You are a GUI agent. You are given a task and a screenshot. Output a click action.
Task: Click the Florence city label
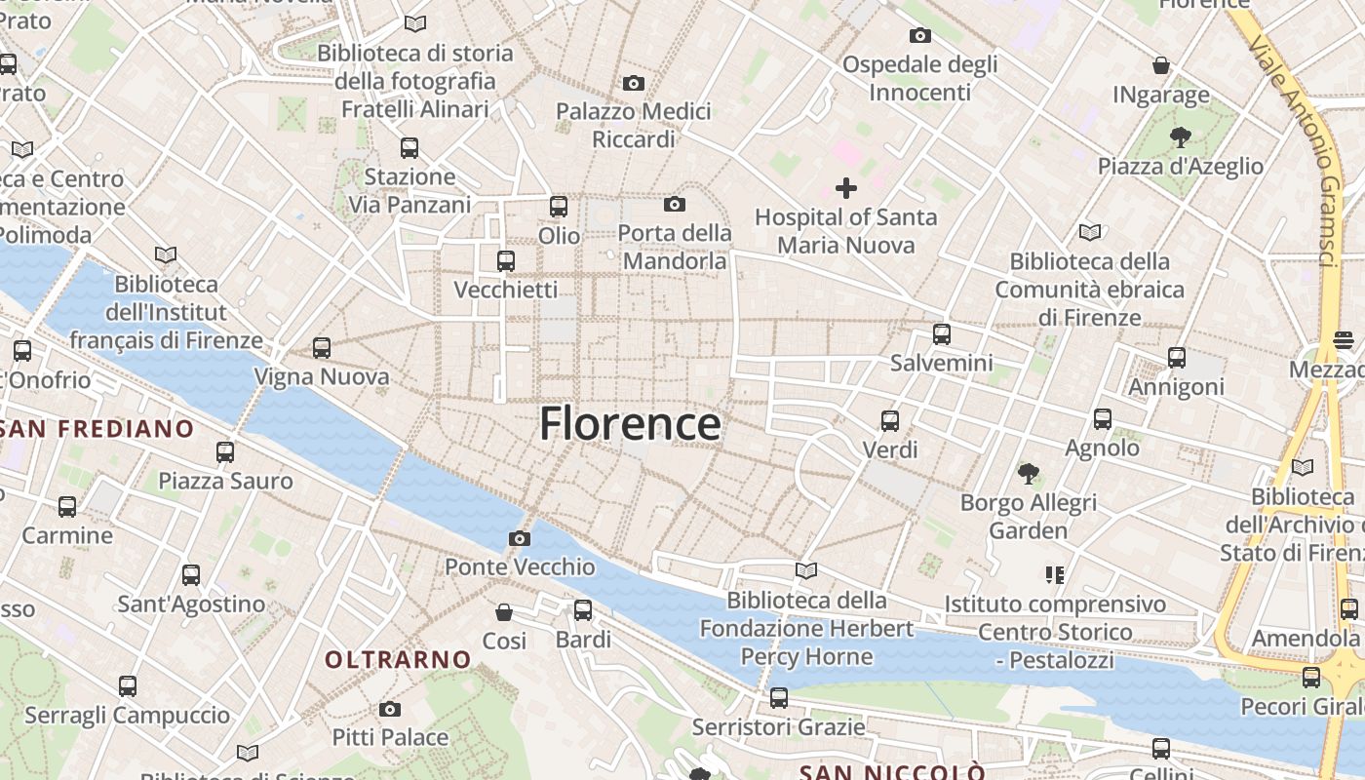click(630, 424)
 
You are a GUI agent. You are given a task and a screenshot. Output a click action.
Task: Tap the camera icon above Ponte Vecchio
click(520, 538)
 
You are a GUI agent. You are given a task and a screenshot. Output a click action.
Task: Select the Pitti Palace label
click(390, 737)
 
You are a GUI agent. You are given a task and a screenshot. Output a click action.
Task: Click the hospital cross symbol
click(846, 187)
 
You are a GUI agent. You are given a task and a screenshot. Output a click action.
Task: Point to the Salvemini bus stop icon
click(942, 334)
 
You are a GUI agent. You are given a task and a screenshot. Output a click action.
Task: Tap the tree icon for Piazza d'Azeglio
click(1181, 136)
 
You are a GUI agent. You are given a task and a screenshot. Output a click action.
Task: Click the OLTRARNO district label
click(398, 660)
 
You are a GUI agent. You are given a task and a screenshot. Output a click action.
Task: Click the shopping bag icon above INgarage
click(1161, 65)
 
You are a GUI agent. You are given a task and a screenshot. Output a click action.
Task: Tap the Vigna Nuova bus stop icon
click(322, 347)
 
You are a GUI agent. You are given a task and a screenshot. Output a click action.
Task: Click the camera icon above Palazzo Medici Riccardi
click(634, 83)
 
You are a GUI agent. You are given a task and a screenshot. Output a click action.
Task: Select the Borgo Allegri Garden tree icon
click(1028, 474)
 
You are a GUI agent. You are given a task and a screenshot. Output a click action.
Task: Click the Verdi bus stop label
click(890, 449)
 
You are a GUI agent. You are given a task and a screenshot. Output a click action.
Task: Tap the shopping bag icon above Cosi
click(504, 612)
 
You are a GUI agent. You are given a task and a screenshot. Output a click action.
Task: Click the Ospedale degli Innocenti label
click(919, 78)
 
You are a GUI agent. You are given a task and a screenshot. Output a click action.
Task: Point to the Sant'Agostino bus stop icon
click(191, 575)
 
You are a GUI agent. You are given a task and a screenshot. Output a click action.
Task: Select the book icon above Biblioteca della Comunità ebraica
click(1090, 232)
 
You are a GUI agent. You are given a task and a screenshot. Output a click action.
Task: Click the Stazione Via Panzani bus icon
click(409, 148)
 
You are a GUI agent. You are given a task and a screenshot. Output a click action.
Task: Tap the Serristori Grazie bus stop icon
click(778, 698)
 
